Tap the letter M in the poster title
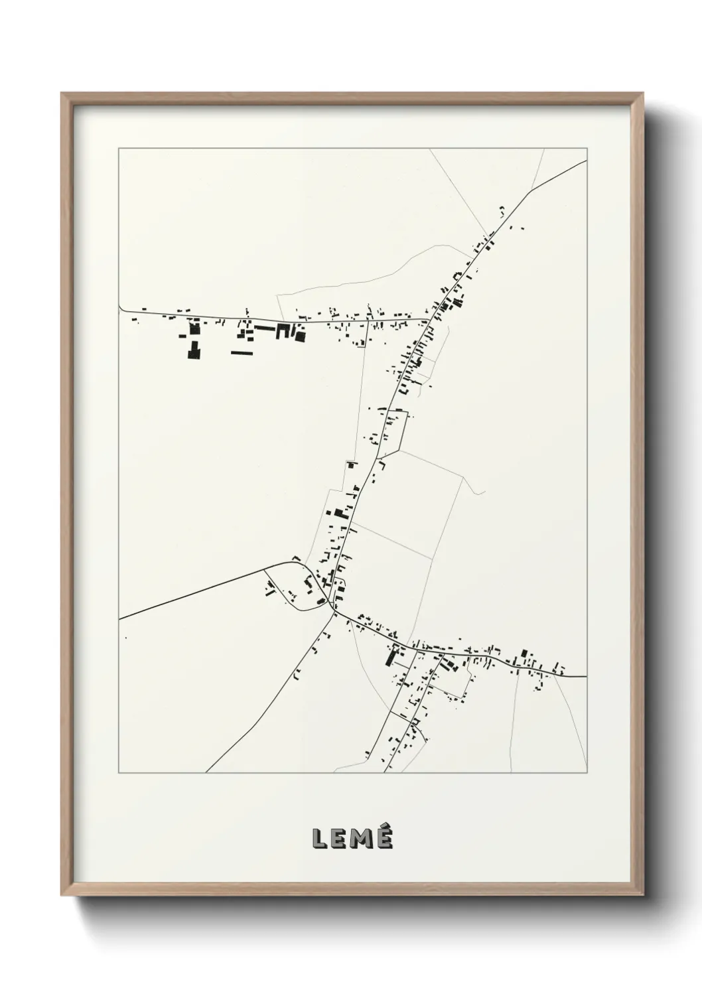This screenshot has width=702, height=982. click(x=362, y=839)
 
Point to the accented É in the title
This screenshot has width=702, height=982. click(x=384, y=837)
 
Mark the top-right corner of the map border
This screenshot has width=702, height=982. click(x=587, y=149)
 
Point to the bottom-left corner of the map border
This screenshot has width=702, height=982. click(x=119, y=773)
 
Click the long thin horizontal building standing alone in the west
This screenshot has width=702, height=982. click(x=242, y=353)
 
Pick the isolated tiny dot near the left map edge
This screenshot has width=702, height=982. click(x=126, y=638)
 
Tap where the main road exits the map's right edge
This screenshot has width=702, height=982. click(x=586, y=676)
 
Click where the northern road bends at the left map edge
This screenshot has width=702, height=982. click(x=120, y=307)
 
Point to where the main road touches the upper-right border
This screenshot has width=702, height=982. click(x=586, y=160)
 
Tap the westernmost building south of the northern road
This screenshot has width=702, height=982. click(x=134, y=320)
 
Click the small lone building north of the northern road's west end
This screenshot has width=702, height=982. click(x=143, y=308)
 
